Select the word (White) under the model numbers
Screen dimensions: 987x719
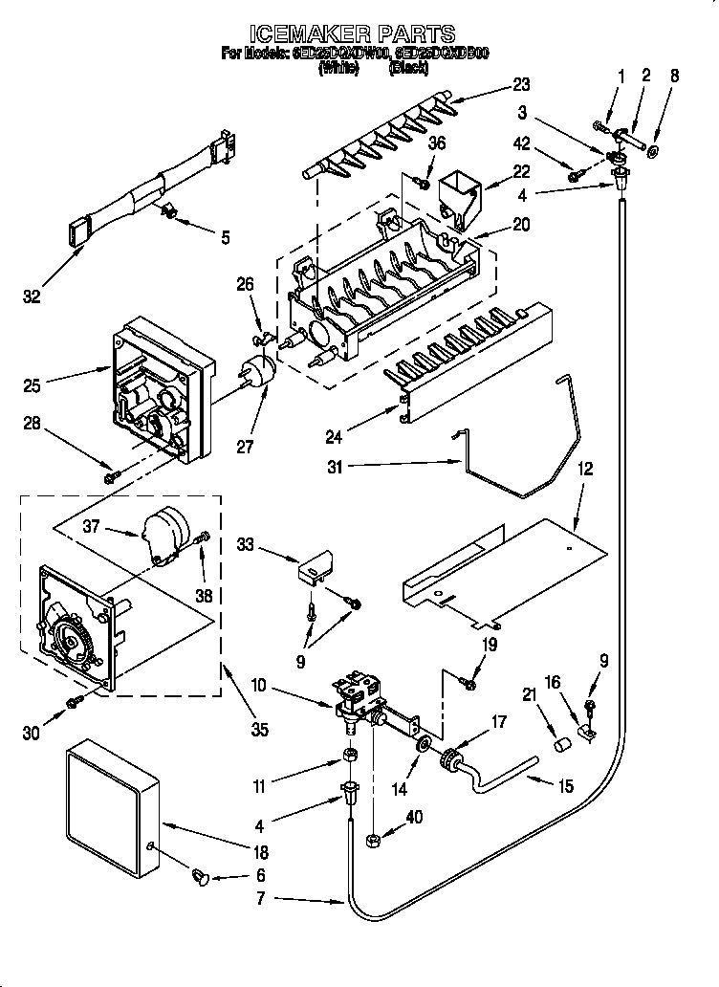point(338,68)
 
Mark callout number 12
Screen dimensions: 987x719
point(585,469)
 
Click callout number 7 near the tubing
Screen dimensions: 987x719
point(260,899)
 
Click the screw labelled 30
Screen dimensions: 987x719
point(72,704)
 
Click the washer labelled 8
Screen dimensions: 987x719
point(652,151)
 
